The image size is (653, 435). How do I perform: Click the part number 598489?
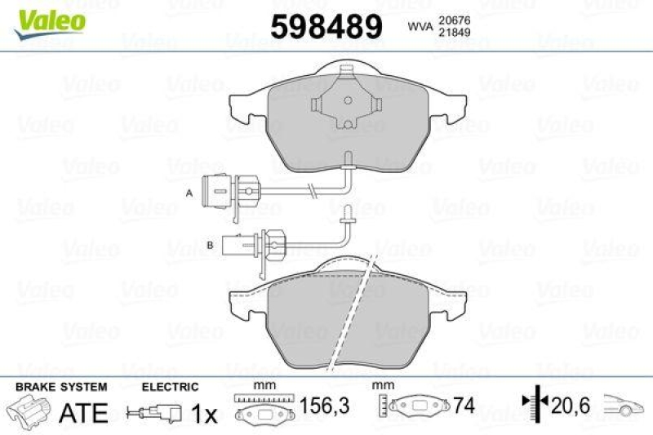point(326,27)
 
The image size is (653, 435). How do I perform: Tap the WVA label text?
point(420,27)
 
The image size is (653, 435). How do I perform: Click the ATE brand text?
point(83,414)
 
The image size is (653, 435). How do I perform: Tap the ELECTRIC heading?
point(170,387)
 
